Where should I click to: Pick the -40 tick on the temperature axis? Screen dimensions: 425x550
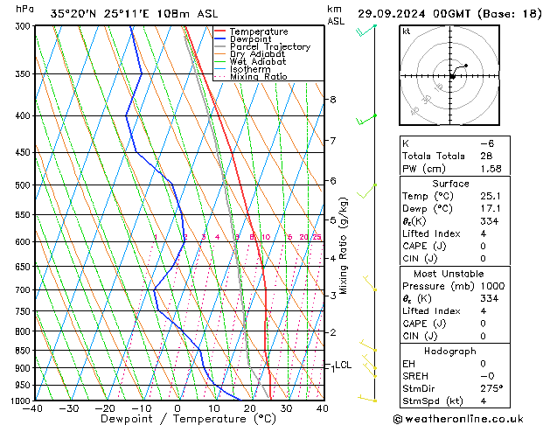tap(33, 408)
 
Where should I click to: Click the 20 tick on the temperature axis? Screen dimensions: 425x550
tap(250, 408)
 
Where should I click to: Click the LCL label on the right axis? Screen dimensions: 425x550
tap(344, 366)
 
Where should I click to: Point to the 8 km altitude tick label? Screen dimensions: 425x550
tap(332, 100)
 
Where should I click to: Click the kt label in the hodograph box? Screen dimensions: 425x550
tap(406, 31)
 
